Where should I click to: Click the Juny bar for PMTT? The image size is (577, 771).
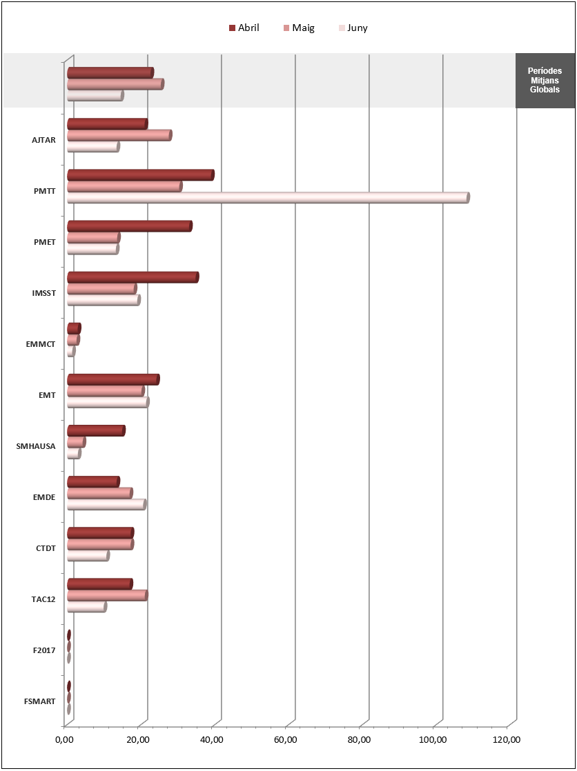click(268, 198)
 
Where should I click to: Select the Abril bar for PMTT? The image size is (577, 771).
click(140, 175)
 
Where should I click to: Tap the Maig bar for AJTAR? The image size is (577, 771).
click(119, 135)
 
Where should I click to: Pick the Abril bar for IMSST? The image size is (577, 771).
click(133, 277)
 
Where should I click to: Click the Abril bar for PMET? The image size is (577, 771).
click(129, 226)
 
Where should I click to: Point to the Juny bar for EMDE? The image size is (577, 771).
click(106, 504)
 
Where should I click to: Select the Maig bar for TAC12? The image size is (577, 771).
click(107, 595)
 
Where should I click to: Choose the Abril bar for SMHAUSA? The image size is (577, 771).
click(96, 430)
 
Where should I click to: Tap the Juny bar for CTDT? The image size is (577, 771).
click(88, 555)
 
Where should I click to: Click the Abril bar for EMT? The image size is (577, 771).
click(113, 379)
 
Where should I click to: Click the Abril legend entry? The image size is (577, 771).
click(244, 28)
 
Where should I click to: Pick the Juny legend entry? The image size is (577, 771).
click(353, 28)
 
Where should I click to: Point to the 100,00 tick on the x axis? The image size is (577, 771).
click(433, 740)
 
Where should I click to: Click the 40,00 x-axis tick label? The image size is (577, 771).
click(212, 740)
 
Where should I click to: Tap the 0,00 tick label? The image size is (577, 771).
click(64, 740)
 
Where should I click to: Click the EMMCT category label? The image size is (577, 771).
click(40, 344)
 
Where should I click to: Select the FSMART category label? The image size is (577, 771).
click(39, 701)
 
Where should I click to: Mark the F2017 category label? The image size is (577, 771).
click(43, 650)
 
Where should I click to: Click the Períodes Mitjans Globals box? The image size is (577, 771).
click(545, 81)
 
